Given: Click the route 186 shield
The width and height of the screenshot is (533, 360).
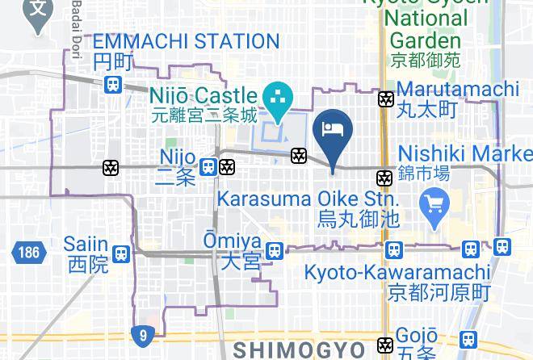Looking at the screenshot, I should pos(26,253).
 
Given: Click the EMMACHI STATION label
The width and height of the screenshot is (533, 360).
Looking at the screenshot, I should pos(186,41).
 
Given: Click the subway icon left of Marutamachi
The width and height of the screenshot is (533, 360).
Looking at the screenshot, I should pos(386,99).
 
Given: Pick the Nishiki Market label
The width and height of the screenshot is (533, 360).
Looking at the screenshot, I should pos(465,153).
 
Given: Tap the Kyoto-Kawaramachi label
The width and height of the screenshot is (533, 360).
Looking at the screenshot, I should pos(409,273).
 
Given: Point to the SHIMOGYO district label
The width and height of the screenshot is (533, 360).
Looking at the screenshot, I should pos(300,349).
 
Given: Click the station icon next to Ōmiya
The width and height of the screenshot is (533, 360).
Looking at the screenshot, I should pos(275,251).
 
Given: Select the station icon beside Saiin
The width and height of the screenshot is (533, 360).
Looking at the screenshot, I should pos(121,253).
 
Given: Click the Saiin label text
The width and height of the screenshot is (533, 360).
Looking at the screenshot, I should pos(88,244).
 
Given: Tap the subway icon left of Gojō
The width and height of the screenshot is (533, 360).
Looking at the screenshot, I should pos(385,345).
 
